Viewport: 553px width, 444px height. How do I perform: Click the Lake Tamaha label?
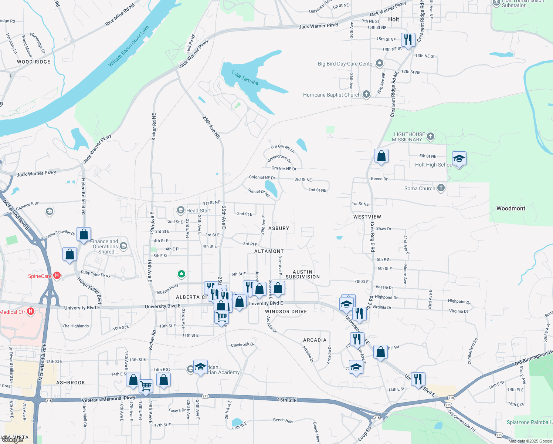tap(245, 78)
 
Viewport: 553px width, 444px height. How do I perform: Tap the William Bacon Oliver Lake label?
tap(129, 46)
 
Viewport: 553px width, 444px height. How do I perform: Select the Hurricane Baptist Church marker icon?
tap(366, 94)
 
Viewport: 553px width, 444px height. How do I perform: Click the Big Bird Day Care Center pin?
tap(380, 63)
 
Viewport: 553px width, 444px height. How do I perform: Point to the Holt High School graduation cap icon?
tap(459, 159)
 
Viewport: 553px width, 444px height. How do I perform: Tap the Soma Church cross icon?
tap(441, 188)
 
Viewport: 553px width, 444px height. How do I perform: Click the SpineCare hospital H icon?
tap(57, 275)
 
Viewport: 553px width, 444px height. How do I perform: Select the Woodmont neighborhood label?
tap(510, 208)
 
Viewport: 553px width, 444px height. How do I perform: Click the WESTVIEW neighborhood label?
tap(367, 217)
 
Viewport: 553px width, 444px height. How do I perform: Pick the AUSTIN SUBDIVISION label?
tap(303, 274)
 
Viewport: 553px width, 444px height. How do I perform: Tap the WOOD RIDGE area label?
tap(34, 62)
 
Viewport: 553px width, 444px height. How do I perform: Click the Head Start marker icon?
tap(181, 211)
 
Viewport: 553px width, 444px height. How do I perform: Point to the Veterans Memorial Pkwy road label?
tap(109, 398)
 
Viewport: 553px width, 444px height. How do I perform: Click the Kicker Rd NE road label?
tap(154, 127)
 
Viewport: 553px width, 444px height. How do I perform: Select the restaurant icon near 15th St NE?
tap(408, 40)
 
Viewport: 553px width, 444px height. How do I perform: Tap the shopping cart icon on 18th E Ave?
tap(146, 386)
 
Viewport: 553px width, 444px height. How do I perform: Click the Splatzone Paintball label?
tap(529, 422)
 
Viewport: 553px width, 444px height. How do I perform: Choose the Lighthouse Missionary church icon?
tap(431, 137)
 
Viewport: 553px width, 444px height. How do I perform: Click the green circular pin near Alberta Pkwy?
tap(181, 274)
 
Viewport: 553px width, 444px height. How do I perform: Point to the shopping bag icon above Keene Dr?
tap(381, 156)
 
